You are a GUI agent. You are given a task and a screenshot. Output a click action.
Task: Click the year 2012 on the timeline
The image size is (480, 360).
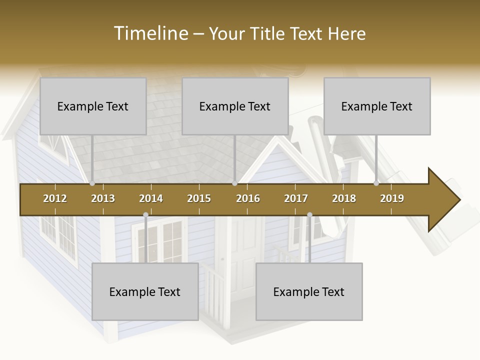coord(55,198)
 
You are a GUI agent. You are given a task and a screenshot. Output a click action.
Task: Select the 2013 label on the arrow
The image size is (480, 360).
coord(103,198)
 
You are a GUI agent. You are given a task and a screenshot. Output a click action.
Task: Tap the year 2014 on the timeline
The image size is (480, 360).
coord(151,198)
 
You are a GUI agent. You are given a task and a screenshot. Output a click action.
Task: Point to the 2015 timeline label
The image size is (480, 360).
coord(199,198)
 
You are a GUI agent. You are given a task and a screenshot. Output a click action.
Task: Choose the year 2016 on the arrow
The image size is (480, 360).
coord(248,198)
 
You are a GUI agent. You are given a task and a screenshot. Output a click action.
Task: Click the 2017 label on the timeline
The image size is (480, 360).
coord(296,198)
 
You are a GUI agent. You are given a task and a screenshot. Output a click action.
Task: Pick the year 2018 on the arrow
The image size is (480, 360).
coord(344,198)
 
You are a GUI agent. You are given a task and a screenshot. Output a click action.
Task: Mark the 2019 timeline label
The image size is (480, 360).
coord(392,198)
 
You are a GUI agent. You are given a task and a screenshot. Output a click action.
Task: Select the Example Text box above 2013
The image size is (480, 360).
coord(93,106)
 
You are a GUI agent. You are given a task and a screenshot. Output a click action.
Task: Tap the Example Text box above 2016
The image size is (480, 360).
coord(235,106)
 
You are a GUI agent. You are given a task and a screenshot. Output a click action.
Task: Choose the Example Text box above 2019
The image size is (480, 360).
coord(377,106)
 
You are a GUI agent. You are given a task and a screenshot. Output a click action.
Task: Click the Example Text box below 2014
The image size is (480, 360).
coord(145,291)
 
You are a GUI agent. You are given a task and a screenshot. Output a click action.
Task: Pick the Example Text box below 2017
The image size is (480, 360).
coord(309,291)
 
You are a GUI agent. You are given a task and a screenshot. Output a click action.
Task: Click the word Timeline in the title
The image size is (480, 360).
coord(150,33)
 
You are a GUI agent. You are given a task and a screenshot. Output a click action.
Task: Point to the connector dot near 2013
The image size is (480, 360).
coord(92,183)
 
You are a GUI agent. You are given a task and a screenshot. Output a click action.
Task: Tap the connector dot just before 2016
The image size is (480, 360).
coord(234,183)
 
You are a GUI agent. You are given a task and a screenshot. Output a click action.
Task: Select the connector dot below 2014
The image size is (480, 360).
coord(145,215)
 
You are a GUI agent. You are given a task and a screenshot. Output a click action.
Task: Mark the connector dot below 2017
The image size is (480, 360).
coord(309,215)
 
